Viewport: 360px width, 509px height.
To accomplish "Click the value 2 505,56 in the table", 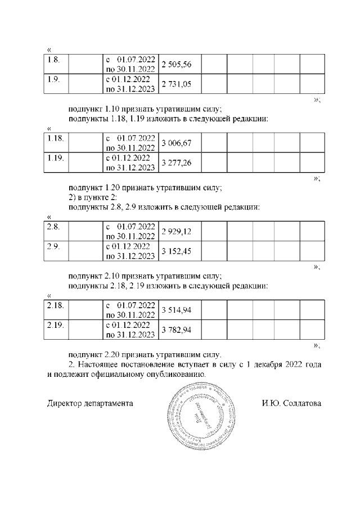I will (x=177, y=65).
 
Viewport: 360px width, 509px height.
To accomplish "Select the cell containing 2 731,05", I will (x=177, y=84).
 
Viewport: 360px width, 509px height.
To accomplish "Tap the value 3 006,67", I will (x=177, y=144).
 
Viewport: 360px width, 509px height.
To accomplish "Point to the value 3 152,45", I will (x=177, y=251).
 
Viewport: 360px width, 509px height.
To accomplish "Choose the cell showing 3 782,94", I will (x=177, y=330).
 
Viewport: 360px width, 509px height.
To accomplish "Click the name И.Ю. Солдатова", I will (x=291, y=404).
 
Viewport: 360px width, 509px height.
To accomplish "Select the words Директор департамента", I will (x=90, y=404).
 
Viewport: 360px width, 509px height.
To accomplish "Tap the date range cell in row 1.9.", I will (x=130, y=84).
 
